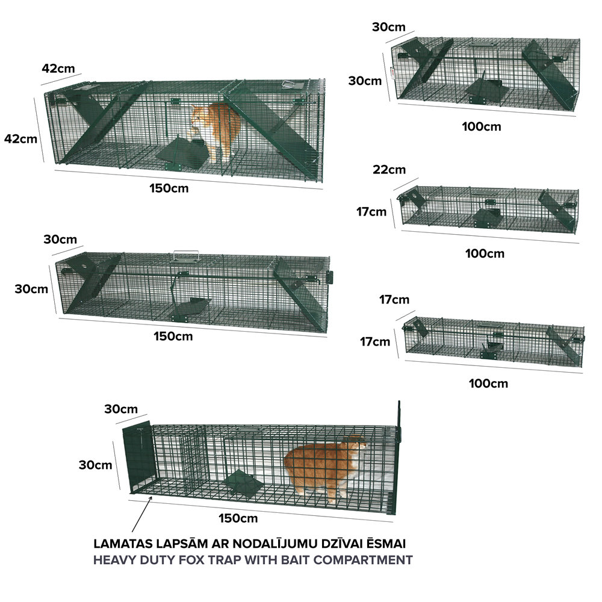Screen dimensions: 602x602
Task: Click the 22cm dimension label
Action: pyautogui.click(x=389, y=170)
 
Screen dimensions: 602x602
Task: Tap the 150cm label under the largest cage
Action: pyautogui.click(x=169, y=188)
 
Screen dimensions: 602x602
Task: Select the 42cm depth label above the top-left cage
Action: pyautogui.click(x=58, y=69)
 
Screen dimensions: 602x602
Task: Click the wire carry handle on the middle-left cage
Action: pyautogui.click(x=186, y=255)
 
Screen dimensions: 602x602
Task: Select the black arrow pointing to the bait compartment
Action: pyautogui.click(x=141, y=514)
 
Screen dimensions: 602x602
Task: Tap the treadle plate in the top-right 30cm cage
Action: pyautogui.click(x=486, y=92)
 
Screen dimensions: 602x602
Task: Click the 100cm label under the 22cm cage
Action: pyautogui.click(x=485, y=254)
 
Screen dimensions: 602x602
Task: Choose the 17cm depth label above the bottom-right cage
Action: pyautogui.click(x=394, y=299)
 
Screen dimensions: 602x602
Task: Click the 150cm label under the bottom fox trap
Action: pyautogui.click(x=238, y=518)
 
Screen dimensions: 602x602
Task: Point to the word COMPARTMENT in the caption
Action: pyautogui.click(x=363, y=560)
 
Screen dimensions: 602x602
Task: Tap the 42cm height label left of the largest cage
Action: pyautogui.click(x=20, y=138)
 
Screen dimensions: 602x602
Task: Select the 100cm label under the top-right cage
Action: pyautogui.click(x=482, y=126)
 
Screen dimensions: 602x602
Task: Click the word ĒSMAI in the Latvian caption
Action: pyautogui.click(x=386, y=544)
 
